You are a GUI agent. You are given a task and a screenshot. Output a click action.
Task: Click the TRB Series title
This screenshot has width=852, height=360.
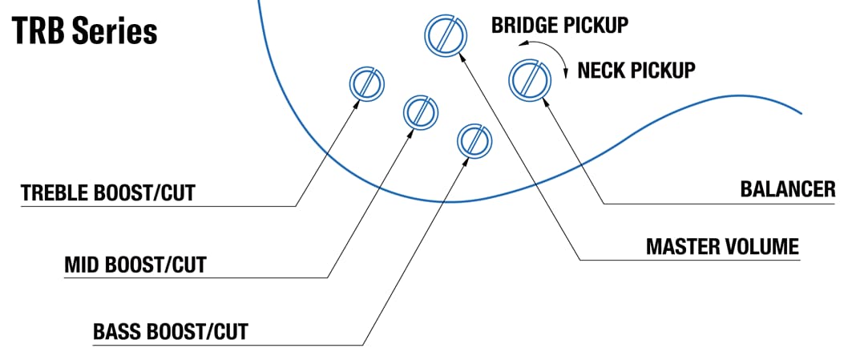tap(84, 31)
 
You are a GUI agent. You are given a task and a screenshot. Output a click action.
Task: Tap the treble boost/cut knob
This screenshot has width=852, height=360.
tap(367, 83)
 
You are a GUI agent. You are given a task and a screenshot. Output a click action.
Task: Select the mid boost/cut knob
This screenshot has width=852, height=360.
tap(419, 111)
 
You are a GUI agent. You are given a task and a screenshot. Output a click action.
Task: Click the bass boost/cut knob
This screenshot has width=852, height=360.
tap(473, 140)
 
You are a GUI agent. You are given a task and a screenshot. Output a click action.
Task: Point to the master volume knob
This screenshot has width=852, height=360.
tap(444, 34)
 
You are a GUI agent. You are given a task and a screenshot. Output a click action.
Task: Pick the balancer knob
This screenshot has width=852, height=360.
tap(529, 79)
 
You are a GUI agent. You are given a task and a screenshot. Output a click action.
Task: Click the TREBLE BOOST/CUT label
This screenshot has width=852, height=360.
tap(108, 193)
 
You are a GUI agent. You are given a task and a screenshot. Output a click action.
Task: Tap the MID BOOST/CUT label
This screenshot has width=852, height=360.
tap(135, 265)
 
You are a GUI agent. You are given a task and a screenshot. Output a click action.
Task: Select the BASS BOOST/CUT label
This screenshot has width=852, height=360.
tap(171, 330)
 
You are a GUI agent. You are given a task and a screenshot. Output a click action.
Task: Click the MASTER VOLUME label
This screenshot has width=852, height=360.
tap(722, 246)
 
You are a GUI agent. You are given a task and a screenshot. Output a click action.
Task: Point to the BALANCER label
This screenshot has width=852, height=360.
tap(788, 190)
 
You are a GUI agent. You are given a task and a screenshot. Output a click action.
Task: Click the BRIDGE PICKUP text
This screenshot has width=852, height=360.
tap(559, 25)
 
